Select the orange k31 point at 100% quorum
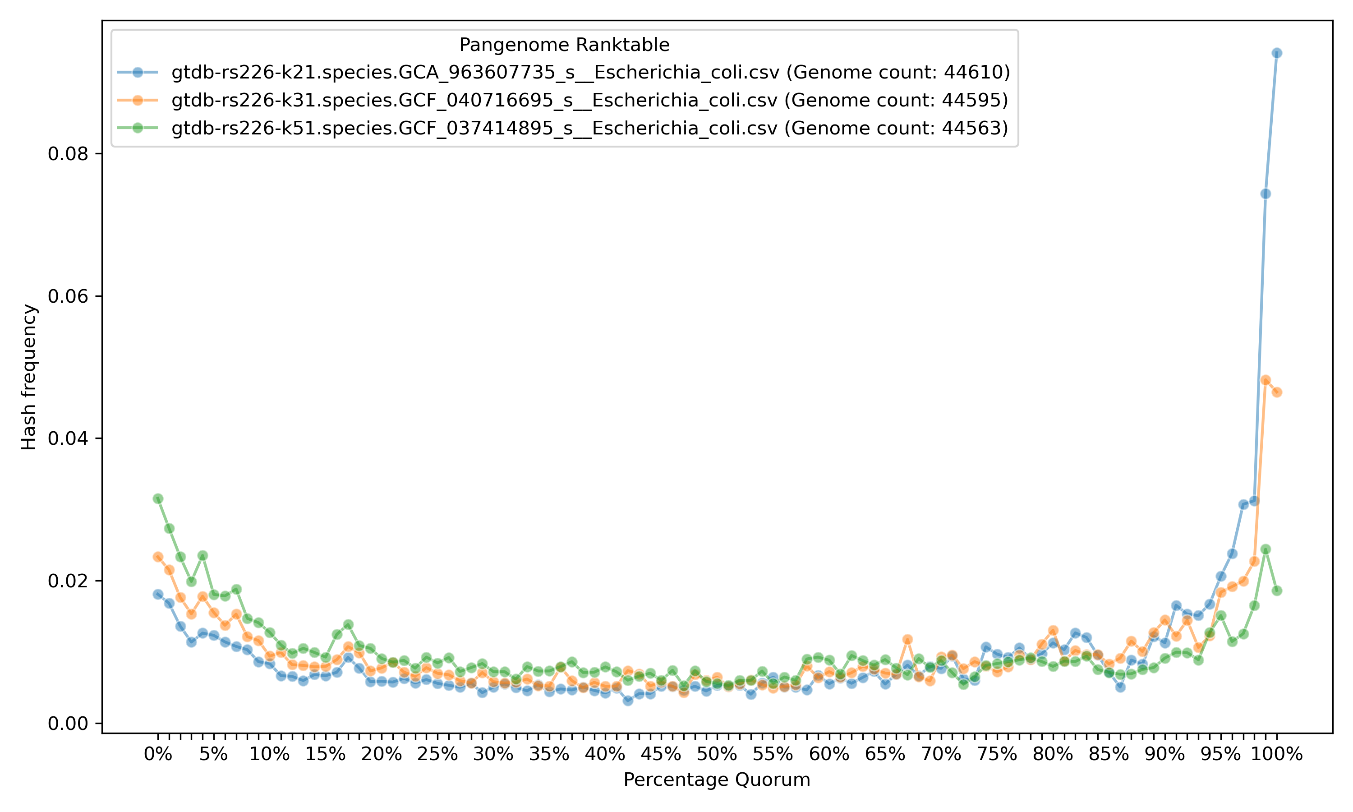point(1276,392)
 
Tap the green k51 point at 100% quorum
point(1276,591)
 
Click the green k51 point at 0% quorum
point(158,498)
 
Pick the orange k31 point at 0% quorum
point(158,557)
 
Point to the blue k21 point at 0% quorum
point(158,594)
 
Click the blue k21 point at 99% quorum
point(1266,194)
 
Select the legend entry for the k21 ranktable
point(590,72)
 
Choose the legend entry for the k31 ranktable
point(589,100)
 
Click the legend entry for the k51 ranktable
point(589,128)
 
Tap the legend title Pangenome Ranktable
point(564,45)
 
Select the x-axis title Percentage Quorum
point(717,780)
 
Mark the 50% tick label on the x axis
point(717,755)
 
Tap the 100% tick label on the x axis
point(1276,755)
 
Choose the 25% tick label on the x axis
point(437,755)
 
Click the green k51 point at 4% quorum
point(202,555)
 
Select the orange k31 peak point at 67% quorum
point(907,639)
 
